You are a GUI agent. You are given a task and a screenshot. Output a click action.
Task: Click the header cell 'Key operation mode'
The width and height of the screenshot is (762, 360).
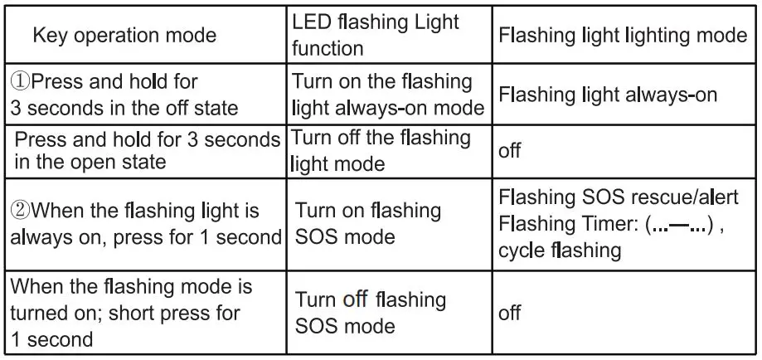pyautogui.click(x=124, y=35)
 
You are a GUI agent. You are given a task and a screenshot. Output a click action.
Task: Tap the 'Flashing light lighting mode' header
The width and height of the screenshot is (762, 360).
pyautogui.click(x=623, y=36)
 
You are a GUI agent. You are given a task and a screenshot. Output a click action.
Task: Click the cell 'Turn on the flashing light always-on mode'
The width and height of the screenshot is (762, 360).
pyautogui.click(x=386, y=95)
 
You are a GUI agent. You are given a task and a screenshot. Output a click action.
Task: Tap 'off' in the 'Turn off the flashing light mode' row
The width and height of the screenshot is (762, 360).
pyautogui.click(x=509, y=152)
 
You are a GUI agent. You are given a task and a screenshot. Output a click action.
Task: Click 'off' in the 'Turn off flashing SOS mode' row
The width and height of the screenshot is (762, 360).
pyautogui.click(x=509, y=313)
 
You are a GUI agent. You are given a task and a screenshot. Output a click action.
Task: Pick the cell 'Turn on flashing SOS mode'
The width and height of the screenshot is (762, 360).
pyautogui.click(x=368, y=223)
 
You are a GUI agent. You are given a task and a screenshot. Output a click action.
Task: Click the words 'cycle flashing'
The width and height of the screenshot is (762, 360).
pyautogui.click(x=560, y=250)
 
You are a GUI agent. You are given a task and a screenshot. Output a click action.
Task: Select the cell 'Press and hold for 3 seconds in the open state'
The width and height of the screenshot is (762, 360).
pyautogui.click(x=147, y=150)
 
